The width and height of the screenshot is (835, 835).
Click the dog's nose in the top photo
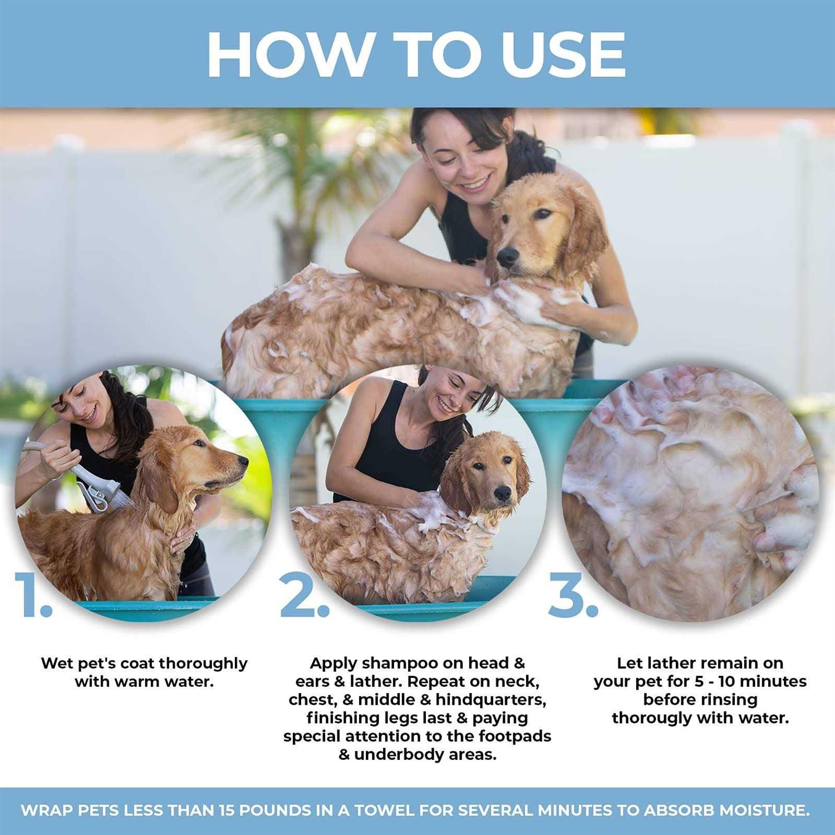pos(507,256)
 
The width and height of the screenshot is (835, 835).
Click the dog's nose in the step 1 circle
pos(243,460)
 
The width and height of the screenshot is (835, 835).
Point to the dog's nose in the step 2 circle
pos(503,493)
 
